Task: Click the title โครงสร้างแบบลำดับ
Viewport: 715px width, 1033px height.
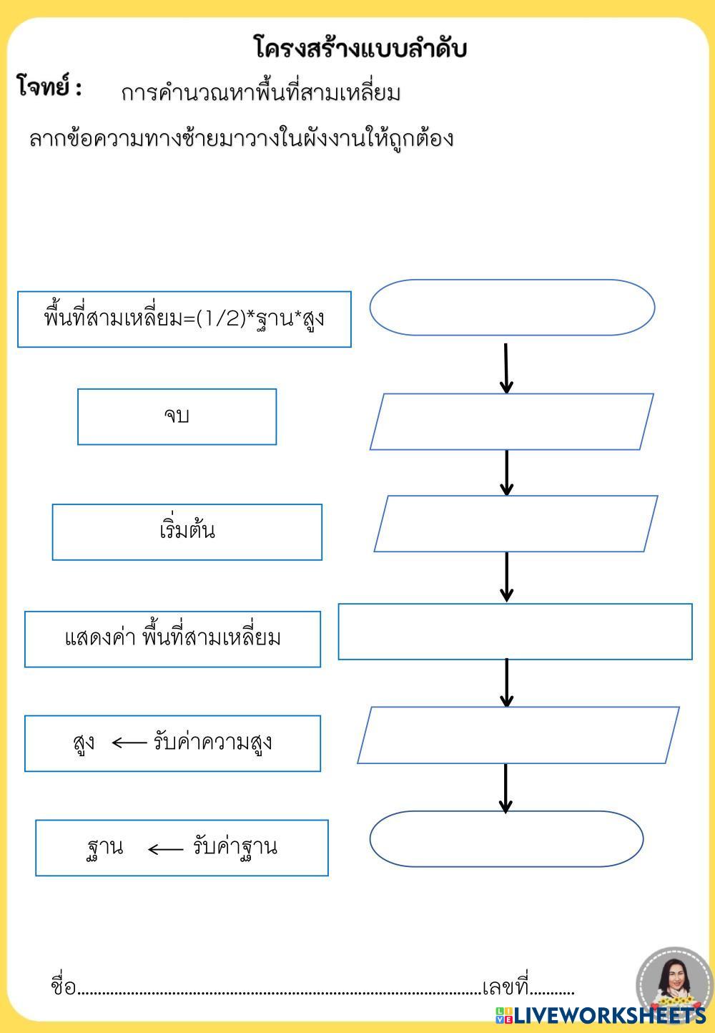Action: point(360,49)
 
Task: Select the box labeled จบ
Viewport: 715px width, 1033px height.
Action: point(177,416)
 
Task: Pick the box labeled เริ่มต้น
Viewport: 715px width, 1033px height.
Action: point(187,532)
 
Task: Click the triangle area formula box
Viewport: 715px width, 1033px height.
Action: point(184,319)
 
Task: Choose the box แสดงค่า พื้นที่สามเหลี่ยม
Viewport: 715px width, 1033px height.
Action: point(172,639)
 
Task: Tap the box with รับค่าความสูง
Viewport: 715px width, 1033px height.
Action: point(172,743)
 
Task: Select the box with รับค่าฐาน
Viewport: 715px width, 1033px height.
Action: point(182,848)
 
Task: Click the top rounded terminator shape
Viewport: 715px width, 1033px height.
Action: point(512,307)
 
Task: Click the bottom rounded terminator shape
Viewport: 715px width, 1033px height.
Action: point(506,838)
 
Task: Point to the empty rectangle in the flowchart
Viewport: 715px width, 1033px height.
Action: point(515,632)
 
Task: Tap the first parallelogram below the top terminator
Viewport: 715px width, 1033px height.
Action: point(511,421)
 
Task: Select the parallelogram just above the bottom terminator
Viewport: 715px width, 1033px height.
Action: point(518,735)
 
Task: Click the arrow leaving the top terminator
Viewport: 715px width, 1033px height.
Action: point(506,368)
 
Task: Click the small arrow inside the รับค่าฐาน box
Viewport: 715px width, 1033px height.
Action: point(165,849)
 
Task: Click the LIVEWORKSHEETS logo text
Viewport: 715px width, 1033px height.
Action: point(608,1015)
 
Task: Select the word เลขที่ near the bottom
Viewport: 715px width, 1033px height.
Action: point(505,988)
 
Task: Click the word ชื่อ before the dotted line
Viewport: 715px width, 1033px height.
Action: point(63,987)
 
